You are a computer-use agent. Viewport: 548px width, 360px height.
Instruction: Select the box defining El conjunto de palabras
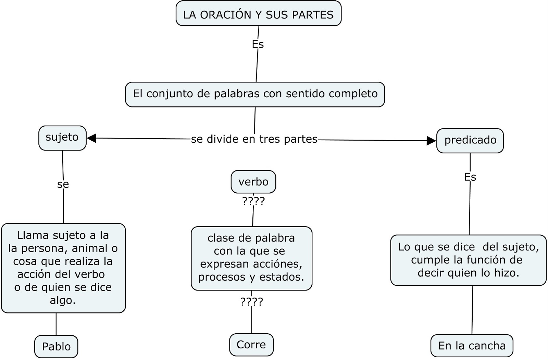[255, 94]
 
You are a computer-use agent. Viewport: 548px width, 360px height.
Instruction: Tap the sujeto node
[62, 138]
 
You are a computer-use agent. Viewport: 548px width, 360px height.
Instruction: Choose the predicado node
[470, 140]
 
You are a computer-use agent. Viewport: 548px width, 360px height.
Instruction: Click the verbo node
[253, 182]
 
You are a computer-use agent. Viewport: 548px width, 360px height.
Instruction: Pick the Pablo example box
[56, 346]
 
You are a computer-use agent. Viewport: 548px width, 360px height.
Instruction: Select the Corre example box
[251, 345]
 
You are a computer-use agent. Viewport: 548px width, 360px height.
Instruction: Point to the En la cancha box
[472, 346]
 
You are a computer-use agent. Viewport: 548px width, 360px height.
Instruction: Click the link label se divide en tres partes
[254, 139]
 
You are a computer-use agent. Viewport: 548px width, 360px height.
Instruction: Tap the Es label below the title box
[258, 44]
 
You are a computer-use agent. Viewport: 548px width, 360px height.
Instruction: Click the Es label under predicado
[470, 177]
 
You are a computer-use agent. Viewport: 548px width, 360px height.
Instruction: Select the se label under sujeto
[63, 184]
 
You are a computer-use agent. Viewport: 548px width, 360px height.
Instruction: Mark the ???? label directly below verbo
[253, 201]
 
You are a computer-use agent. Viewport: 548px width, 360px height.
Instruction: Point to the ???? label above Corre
[252, 301]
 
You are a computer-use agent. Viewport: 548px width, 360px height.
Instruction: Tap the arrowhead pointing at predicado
[431, 141]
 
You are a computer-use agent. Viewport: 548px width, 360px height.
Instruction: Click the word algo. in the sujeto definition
[63, 300]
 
